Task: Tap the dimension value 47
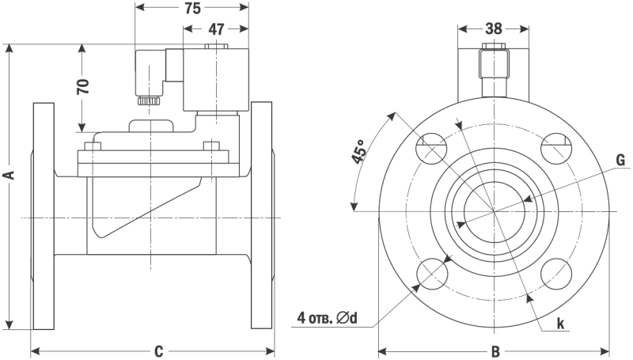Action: tap(215, 29)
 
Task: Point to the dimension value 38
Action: tap(494, 28)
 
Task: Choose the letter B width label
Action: tap(495, 351)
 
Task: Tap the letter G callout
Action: tap(621, 161)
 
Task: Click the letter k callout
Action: tap(559, 323)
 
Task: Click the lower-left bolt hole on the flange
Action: tap(432, 272)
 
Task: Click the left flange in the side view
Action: tap(44, 215)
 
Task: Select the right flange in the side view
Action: tap(262, 215)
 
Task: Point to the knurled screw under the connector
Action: tap(148, 100)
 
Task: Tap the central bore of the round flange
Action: tap(495, 211)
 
